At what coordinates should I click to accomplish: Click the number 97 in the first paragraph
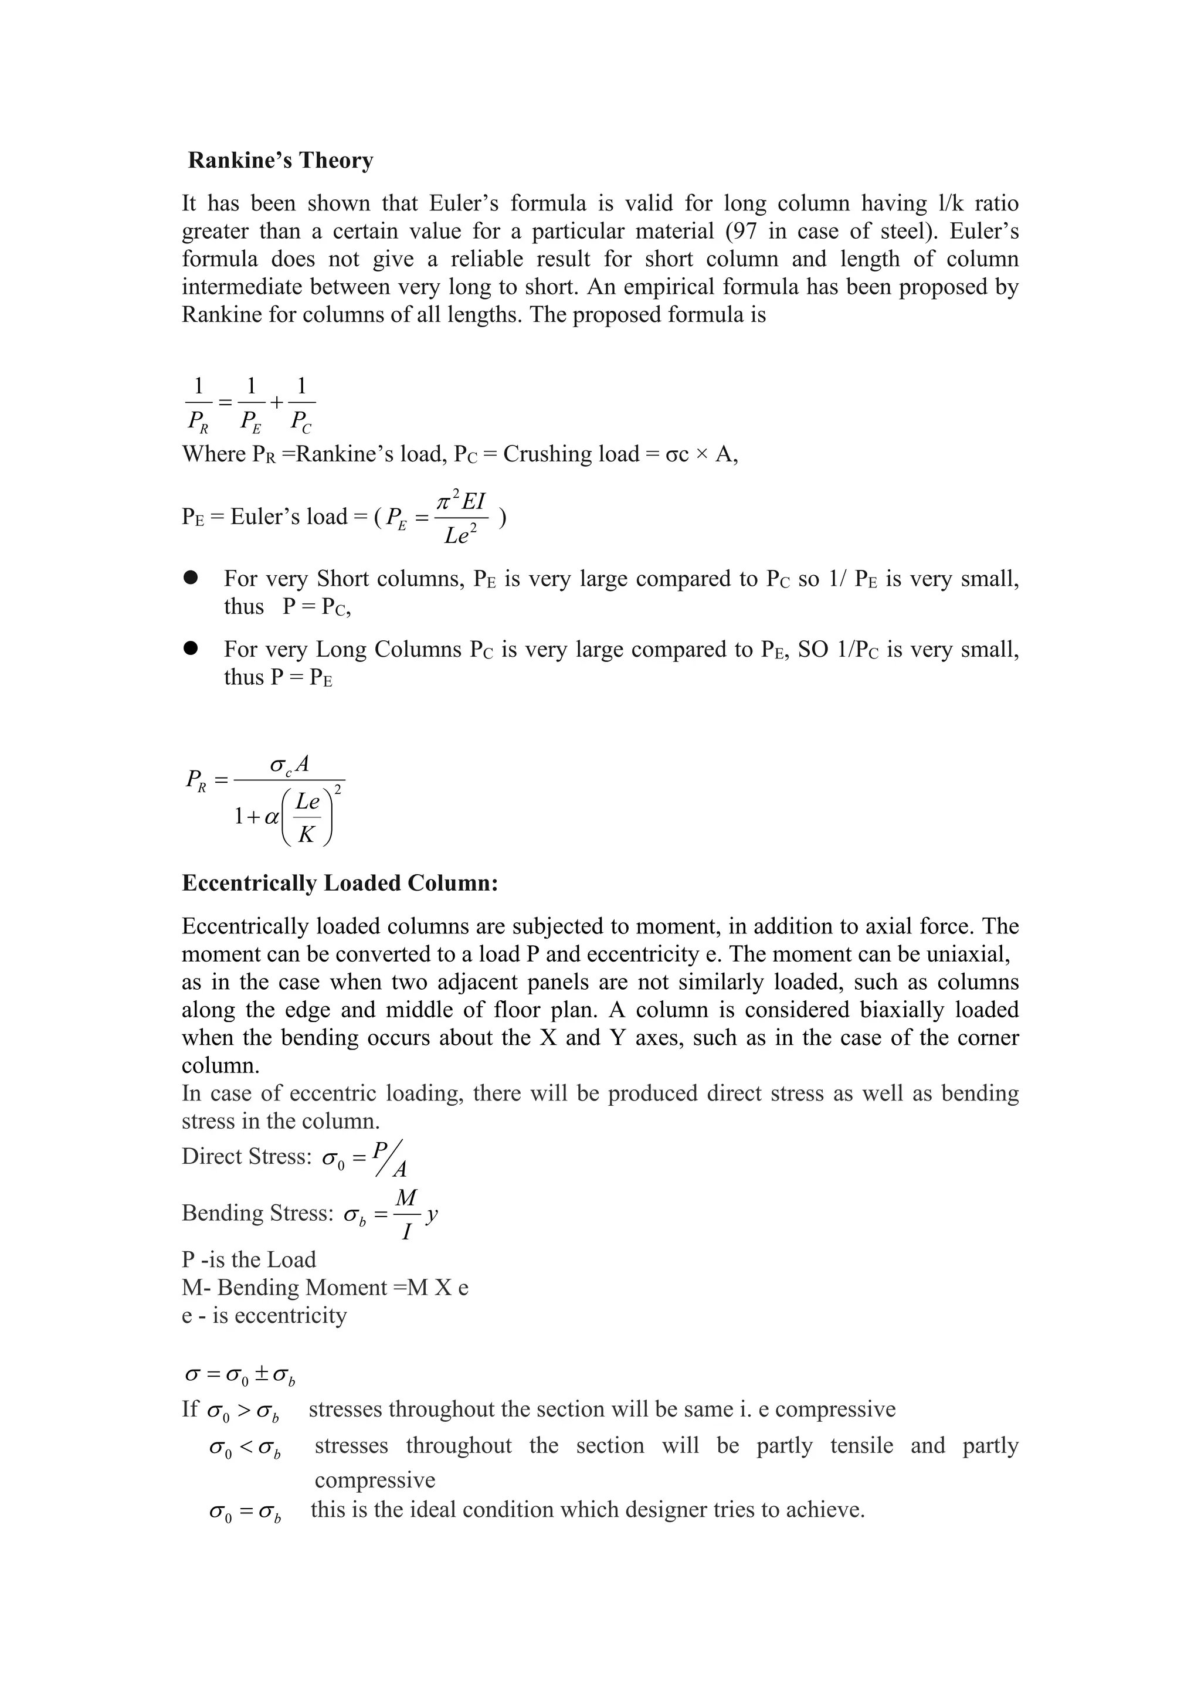coord(742,232)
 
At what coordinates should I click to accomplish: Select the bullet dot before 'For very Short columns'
coord(192,578)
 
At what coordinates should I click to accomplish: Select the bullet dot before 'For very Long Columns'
coord(192,648)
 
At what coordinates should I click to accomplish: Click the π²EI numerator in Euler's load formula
coord(462,501)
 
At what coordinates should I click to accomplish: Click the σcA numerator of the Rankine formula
coord(290,764)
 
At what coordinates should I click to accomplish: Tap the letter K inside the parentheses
coord(306,835)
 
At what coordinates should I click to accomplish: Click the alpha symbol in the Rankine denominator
coord(272,817)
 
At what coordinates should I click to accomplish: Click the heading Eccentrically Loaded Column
coord(340,883)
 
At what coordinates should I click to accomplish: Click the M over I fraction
coord(406,1214)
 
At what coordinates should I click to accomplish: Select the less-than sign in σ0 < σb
coord(246,1446)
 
